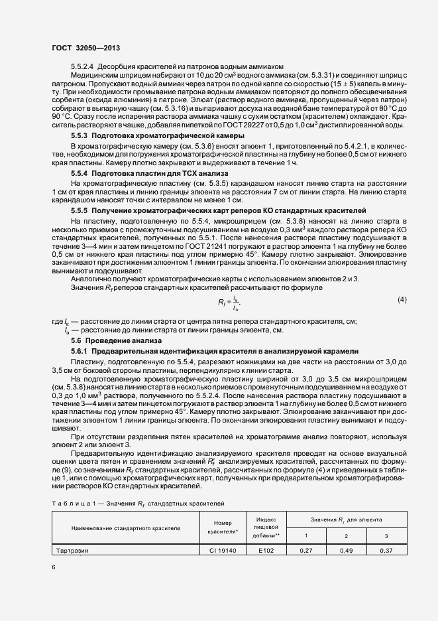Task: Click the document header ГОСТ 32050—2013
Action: coord(85,48)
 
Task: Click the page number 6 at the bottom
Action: coord(54,567)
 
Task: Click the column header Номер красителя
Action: coord(222,527)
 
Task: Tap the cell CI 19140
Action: coord(222,550)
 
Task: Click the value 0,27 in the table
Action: coord(306,550)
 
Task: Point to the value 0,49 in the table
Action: coord(346,550)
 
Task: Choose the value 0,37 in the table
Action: coord(386,550)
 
